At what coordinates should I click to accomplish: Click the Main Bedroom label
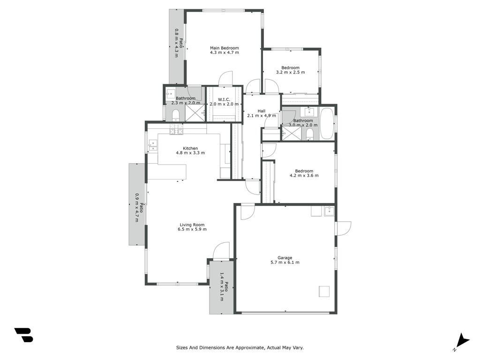pos(225,48)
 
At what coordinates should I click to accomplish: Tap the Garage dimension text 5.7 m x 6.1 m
pos(285,262)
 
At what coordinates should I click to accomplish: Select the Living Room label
pos(192,225)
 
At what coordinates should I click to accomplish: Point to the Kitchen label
pos(190,148)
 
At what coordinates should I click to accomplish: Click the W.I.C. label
pos(224,99)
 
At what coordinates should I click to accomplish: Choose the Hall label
pos(262,111)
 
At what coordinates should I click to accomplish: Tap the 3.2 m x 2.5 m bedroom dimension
pos(291,72)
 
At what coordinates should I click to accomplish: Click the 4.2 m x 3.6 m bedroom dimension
pos(304,175)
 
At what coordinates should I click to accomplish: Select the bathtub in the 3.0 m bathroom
pos(327,123)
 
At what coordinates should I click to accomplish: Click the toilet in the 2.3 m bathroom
pos(176,116)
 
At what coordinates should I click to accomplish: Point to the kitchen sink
pos(153,145)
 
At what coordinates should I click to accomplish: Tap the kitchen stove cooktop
pos(176,129)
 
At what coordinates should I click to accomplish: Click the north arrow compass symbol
pos(462,342)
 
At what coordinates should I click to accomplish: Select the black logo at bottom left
pos(24,335)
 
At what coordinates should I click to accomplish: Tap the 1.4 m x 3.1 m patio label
pos(224,287)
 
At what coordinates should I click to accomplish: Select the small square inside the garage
pos(324,291)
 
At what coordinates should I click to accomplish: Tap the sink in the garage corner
pos(329,211)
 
